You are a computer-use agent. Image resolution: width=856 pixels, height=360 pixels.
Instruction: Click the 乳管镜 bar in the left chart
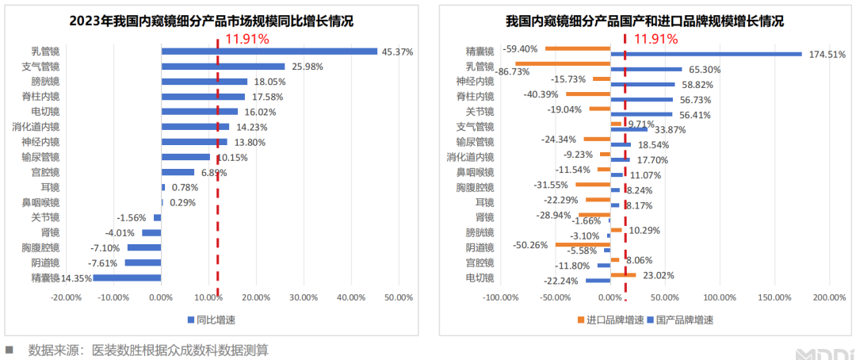click(269, 52)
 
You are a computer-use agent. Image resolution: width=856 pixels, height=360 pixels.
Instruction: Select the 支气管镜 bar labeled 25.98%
click(223, 67)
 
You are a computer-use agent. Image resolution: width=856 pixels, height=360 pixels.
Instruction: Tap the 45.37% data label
click(397, 52)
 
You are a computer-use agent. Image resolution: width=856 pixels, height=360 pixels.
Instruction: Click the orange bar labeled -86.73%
click(562, 63)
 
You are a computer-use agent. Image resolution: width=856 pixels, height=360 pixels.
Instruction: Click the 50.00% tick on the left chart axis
click(398, 297)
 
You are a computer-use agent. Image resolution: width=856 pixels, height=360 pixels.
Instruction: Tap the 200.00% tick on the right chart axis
click(829, 297)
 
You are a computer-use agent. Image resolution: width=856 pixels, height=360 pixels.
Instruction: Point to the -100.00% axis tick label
click(501, 297)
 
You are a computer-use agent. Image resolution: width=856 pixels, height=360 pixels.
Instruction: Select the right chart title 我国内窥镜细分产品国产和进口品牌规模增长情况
click(644, 21)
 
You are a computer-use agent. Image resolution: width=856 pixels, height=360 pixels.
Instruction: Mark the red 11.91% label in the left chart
click(246, 38)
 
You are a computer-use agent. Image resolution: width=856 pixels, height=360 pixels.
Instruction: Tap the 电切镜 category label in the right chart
click(480, 278)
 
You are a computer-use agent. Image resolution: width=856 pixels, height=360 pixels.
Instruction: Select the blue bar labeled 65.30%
click(646, 69)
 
